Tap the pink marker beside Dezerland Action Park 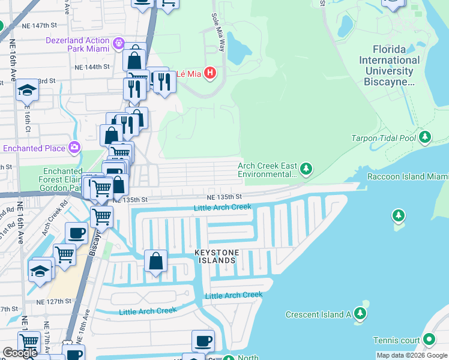119,43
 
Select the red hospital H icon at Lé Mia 209,73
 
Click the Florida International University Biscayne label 389,65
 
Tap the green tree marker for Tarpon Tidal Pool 426,138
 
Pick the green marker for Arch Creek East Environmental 306,169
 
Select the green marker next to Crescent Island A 360,314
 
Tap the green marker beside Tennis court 429,340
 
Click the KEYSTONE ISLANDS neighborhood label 215,257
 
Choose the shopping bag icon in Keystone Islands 155,262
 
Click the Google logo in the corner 20,353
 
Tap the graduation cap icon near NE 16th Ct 27,91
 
